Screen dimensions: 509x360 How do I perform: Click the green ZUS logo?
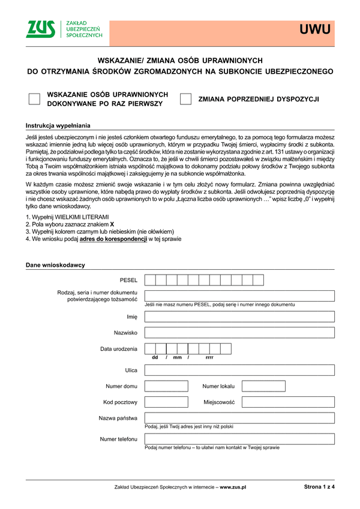click(x=41, y=29)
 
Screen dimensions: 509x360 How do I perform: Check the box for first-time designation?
click(x=35, y=100)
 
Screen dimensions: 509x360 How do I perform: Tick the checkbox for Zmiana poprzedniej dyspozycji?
click(x=186, y=100)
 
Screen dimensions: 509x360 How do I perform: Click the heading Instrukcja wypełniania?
click(x=58, y=126)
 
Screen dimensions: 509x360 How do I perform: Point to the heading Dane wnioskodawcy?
click(x=55, y=265)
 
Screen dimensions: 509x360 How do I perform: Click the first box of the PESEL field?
click(x=151, y=280)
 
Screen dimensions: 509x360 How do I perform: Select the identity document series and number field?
click(x=239, y=296)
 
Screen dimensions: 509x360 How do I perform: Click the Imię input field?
click(x=239, y=317)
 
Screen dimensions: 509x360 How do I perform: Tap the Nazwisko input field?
click(x=239, y=333)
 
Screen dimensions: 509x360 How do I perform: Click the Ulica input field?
click(x=239, y=370)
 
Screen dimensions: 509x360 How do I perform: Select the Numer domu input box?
click(x=166, y=386)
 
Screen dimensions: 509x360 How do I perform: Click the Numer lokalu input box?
click(x=263, y=386)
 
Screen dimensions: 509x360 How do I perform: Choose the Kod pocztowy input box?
click(x=166, y=402)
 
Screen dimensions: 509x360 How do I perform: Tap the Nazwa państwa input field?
click(x=239, y=418)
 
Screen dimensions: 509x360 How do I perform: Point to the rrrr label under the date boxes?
click(x=209, y=357)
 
